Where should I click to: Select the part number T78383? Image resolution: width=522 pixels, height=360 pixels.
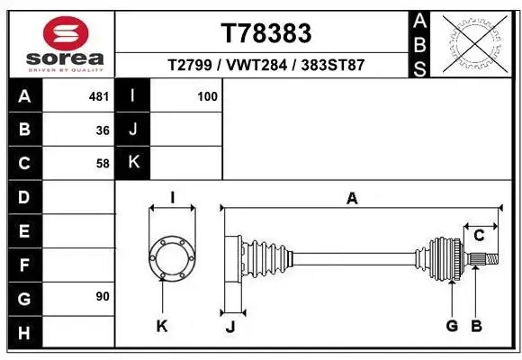pos(265,33)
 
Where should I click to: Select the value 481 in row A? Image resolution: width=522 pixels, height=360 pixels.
pos(99,95)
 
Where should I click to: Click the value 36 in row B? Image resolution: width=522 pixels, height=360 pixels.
pos(103,130)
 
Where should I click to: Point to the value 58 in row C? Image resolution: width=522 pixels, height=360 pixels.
pos(103,164)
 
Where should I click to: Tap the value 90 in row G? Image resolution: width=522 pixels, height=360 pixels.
pos(103,296)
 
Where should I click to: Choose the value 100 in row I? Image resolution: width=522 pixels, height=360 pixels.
pos(208,95)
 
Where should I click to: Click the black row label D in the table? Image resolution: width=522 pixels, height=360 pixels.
pos(24,197)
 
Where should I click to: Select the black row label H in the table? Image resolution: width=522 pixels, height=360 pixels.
pos(24,333)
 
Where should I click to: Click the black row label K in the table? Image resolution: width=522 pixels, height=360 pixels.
pos(133,163)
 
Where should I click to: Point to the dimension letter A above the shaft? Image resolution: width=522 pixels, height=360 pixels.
pos(352,199)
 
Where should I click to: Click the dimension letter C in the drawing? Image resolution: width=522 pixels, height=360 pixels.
pos(480,235)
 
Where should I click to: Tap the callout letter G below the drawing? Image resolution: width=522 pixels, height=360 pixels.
pos(453,325)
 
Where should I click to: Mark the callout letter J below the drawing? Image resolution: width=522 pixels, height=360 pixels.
pos(229,327)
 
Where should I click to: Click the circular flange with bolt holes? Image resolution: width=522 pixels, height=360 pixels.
pos(171,258)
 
